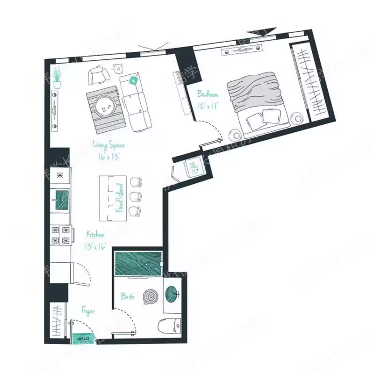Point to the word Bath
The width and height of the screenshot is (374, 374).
(128, 296)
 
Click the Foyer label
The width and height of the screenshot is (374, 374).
(88, 311)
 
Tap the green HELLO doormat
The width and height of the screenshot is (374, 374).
(83, 338)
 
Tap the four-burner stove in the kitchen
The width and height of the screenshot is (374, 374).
(62, 235)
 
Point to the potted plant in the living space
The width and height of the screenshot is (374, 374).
(57, 78)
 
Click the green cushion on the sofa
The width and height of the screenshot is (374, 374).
(134, 80)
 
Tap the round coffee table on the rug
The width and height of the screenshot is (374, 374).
(106, 107)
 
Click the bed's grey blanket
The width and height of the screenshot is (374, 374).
(257, 91)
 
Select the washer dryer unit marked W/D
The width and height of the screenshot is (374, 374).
(193, 167)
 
